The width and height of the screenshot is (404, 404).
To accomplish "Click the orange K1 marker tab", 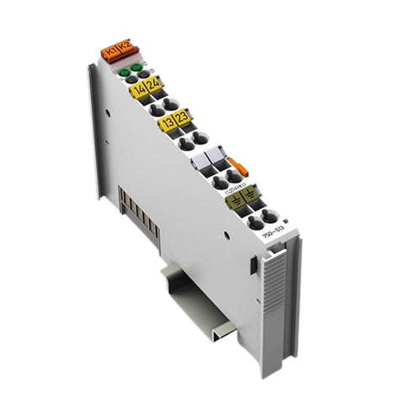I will pos(110,54).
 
